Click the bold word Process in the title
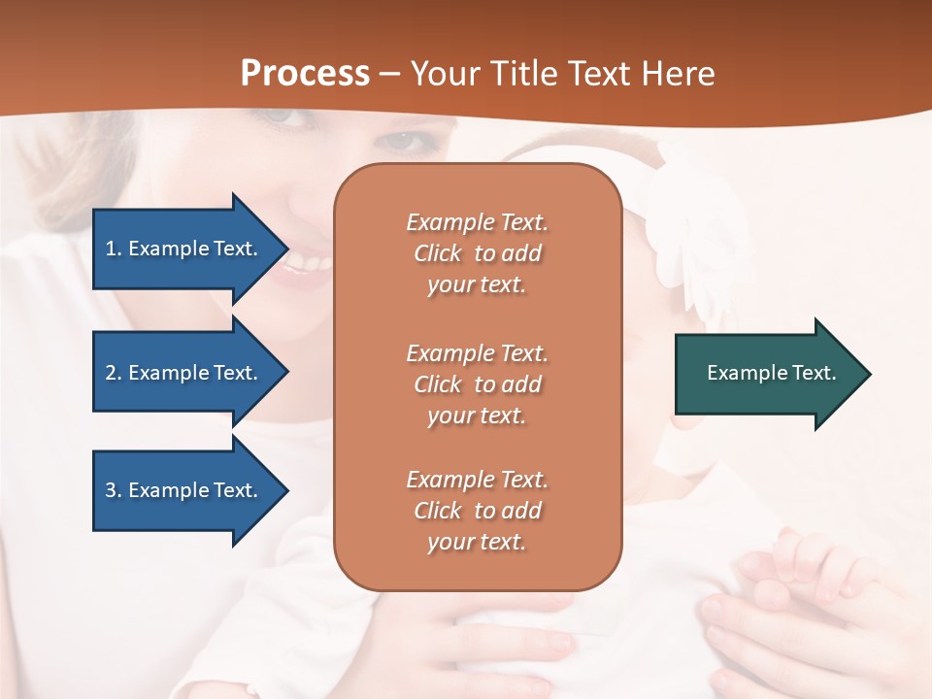(305, 73)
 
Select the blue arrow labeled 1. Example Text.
(184, 249)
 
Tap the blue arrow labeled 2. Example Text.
(184, 373)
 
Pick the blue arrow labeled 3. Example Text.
(184, 490)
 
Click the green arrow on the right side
(767, 374)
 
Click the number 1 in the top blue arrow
(111, 249)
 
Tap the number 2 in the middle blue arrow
(111, 373)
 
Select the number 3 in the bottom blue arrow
(111, 490)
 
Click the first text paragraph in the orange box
(477, 253)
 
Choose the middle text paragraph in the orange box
(477, 384)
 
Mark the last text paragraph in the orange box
(477, 511)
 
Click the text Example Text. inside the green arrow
(771, 373)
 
